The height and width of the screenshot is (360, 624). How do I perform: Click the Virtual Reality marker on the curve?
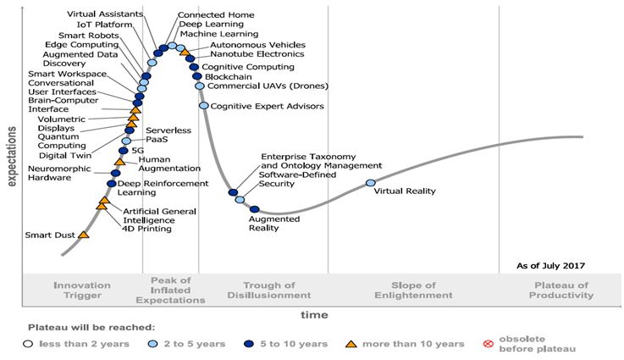click(371, 183)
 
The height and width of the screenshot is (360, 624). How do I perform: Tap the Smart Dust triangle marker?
click(84, 235)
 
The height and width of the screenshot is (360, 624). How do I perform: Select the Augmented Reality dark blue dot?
click(254, 209)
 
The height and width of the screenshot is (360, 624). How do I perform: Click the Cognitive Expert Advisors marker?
click(204, 106)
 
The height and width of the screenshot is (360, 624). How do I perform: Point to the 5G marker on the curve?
click(124, 151)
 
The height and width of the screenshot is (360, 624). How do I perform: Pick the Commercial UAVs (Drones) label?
click(268, 86)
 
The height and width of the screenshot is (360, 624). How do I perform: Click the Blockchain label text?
click(228, 76)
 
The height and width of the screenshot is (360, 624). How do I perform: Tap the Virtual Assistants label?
click(105, 14)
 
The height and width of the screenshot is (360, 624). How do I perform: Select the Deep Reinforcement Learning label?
click(163, 188)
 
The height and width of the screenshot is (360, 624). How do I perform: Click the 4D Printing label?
click(146, 229)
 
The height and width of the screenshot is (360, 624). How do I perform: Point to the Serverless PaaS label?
click(168, 135)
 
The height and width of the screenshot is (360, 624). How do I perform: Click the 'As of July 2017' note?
click(551, 266)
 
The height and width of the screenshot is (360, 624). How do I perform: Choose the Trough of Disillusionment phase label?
click(269, 291)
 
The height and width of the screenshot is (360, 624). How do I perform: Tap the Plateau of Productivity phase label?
click(561, 291)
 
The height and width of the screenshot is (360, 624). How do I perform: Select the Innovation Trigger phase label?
click(82, 291)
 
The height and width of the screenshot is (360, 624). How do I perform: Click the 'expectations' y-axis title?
click(12, 157)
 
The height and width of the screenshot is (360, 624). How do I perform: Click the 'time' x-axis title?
click(314, 315)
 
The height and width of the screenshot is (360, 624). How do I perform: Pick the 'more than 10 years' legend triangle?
click(351, 344)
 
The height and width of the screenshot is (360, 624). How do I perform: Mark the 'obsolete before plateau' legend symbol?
click(489, 344)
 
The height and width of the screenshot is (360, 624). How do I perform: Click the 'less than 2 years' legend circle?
click(28, 344)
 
